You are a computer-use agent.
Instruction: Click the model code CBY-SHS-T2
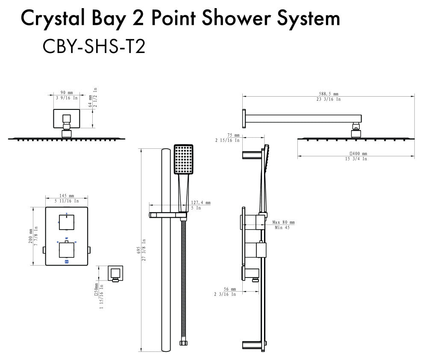pos(94,46)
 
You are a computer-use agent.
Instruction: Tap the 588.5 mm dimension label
pos(328,94)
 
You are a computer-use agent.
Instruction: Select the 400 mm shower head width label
pos(358,153)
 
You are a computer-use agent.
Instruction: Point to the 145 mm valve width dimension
pos(66,195)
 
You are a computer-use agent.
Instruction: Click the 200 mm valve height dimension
pos(30,236)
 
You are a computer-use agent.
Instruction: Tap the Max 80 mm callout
pos(283,222)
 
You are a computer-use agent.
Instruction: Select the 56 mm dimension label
pos(233,289)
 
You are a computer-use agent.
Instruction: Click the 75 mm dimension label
pos(233,135)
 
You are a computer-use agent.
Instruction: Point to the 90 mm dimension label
pos(67,93)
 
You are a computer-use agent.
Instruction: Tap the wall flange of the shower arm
pos(244,118)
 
